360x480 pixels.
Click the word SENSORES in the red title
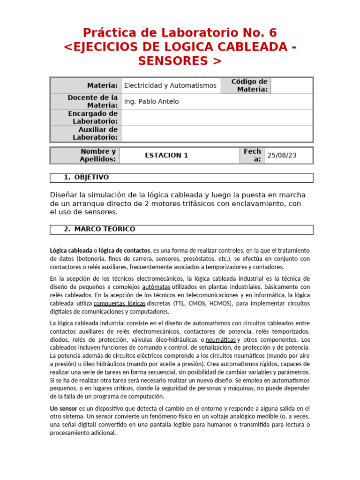173,61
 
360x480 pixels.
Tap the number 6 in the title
272,33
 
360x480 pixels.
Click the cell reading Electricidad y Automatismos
170,85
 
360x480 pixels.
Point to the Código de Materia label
249,85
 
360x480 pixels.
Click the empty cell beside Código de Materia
292,85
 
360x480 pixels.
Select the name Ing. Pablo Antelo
151,102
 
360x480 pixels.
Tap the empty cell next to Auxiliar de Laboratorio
217,134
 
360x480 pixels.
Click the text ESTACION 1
166,155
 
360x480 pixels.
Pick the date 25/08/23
282,155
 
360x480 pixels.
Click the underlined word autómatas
157,287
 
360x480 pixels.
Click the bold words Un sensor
63,408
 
